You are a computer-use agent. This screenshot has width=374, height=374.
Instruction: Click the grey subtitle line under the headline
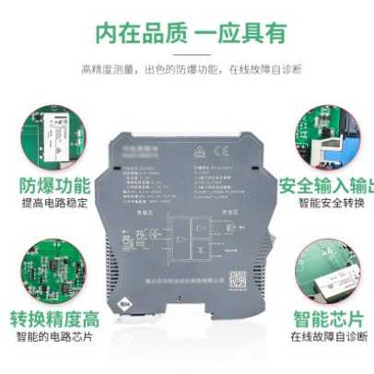tap(186, 68)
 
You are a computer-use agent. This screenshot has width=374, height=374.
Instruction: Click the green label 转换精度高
tap(55, 320)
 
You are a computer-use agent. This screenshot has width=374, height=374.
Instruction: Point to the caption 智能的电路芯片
tap(55, 338)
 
